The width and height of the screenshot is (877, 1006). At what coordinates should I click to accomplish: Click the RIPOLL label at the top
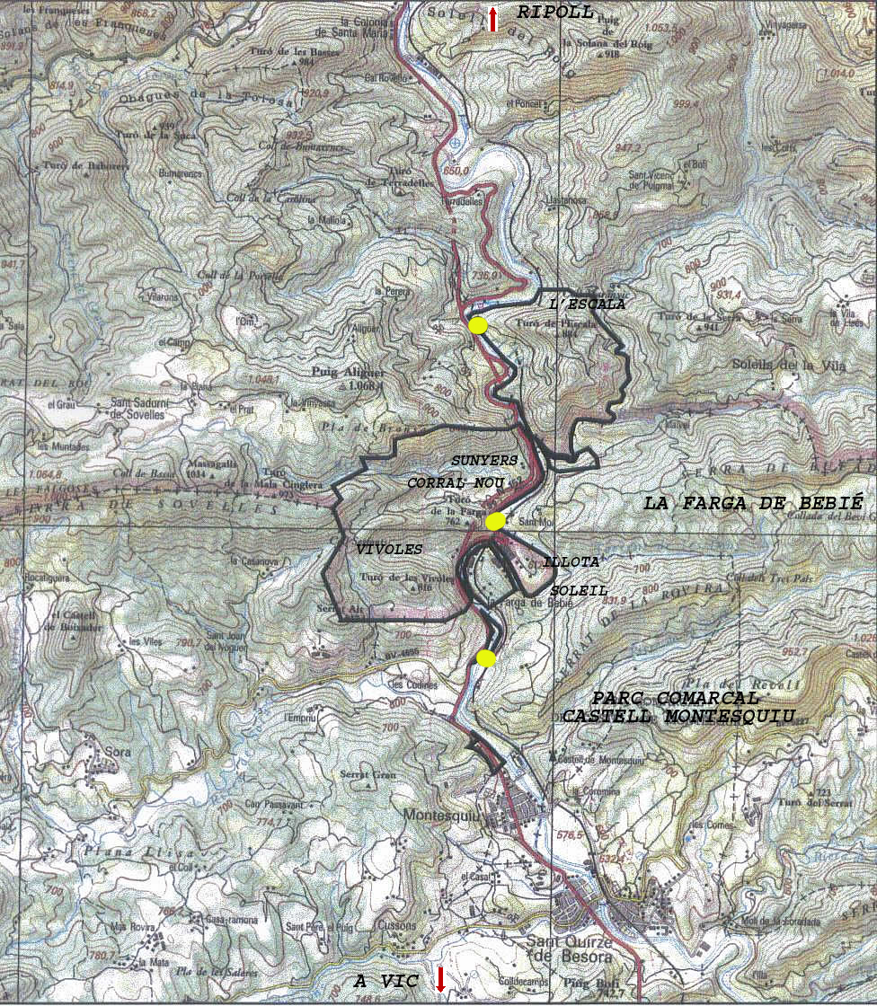555,13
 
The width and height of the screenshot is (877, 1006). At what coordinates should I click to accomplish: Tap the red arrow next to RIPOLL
492,19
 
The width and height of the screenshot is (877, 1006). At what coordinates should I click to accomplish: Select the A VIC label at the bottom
386,982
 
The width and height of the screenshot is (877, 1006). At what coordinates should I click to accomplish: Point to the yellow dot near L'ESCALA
478,325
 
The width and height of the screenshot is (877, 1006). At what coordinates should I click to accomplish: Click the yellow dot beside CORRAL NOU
494,521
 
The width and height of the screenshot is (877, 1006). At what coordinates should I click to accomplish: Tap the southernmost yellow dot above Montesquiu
485,658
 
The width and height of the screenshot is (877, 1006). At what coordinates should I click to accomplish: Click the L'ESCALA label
586,304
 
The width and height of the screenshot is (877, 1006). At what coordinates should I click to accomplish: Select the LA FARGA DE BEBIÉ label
753,504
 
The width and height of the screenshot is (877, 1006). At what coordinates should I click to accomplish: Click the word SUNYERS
484,460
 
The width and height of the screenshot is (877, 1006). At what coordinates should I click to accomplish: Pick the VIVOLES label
388,549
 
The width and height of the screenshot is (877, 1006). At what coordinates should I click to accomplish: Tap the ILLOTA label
570,562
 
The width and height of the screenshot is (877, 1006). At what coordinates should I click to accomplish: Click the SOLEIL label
579,591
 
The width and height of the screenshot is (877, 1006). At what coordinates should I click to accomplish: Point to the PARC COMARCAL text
675,698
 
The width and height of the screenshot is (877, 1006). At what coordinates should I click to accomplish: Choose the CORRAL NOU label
456,482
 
